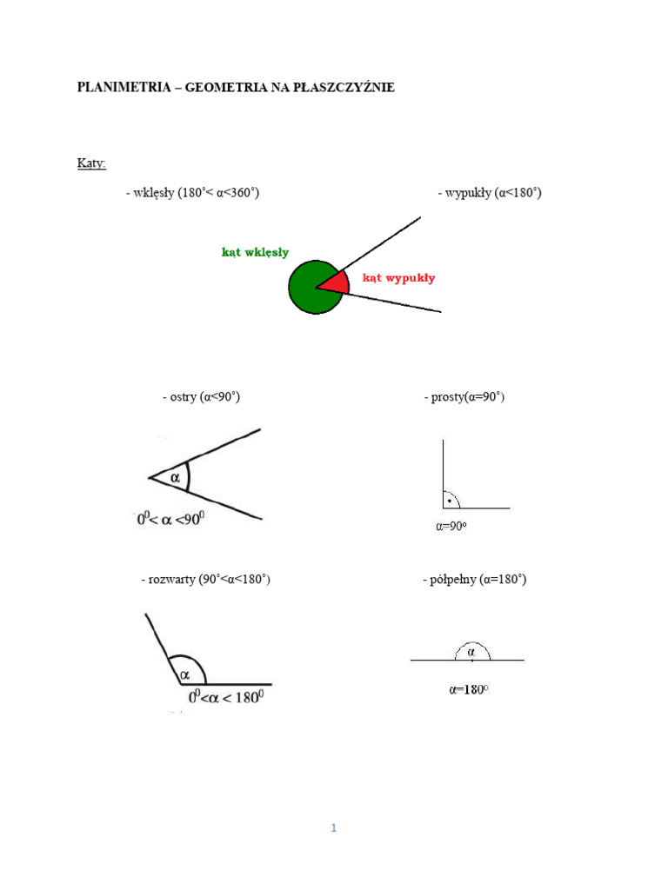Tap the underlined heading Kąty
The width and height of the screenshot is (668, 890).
(x=91, y=163)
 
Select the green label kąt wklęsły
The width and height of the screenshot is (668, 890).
(x=256, y=253)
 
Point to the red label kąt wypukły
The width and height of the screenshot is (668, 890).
(x=398, y=278)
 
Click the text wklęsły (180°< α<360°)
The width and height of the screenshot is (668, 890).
(x=192, y=193)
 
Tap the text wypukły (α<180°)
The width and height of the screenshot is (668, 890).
(x=490, y=193)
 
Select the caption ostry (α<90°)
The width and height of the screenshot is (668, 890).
(x=201, y=397)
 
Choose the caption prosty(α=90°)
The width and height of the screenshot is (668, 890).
(x=464, y=397)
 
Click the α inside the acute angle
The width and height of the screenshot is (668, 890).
(x=176, y=477)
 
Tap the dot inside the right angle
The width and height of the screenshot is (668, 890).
(x=449, y=501)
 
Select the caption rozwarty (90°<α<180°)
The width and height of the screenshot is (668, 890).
(x=205, y=579)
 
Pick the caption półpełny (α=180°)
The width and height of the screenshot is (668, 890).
(x=475, y=579)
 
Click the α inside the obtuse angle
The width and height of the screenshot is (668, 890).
(x=185, y=674)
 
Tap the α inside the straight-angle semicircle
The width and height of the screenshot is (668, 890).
(x=471, y=651)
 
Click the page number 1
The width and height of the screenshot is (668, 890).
(x=333, y=828)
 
